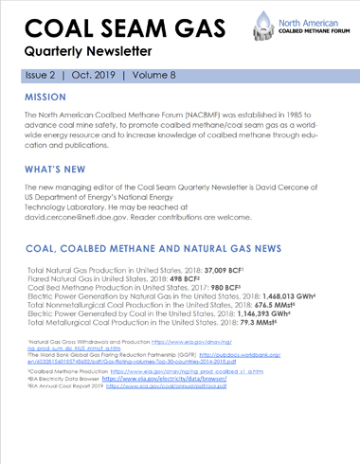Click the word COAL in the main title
[x=58, y=25]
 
